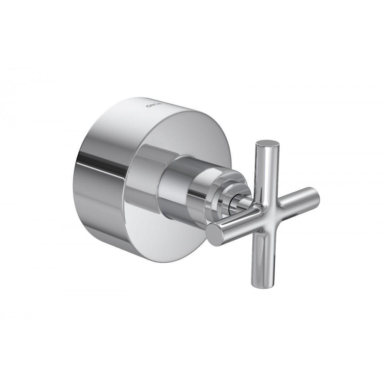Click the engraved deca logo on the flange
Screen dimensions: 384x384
[x=150, y=104]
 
